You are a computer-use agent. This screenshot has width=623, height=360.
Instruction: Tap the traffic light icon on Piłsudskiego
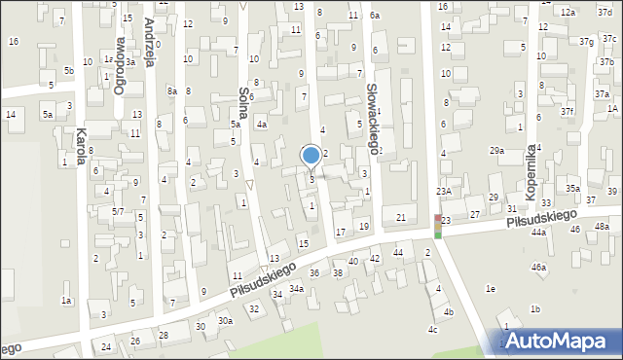pos(438,227)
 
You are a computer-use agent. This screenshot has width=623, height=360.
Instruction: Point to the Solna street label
pos(243,102)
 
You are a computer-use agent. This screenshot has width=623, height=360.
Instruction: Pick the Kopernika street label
pos(531,171)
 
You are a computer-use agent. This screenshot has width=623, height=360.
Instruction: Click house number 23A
pos(443,192)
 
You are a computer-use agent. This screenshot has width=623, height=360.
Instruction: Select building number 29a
pos(496,150)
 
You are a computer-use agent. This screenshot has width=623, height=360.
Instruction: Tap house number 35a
pos(573,189)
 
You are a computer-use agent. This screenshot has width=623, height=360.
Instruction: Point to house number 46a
pos(538,267)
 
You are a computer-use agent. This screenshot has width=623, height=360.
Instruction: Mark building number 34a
pos(295,289)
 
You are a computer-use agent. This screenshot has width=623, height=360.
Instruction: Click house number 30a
pos(225,320)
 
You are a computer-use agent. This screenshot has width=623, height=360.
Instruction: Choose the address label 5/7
pos(117,211)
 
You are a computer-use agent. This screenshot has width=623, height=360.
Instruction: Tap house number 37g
pos(585,42)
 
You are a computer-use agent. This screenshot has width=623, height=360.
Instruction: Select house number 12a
pos(568,12)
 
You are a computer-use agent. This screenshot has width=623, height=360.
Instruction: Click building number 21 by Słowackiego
pos(400,217)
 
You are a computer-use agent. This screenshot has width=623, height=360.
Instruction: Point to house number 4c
pos(433,329)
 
